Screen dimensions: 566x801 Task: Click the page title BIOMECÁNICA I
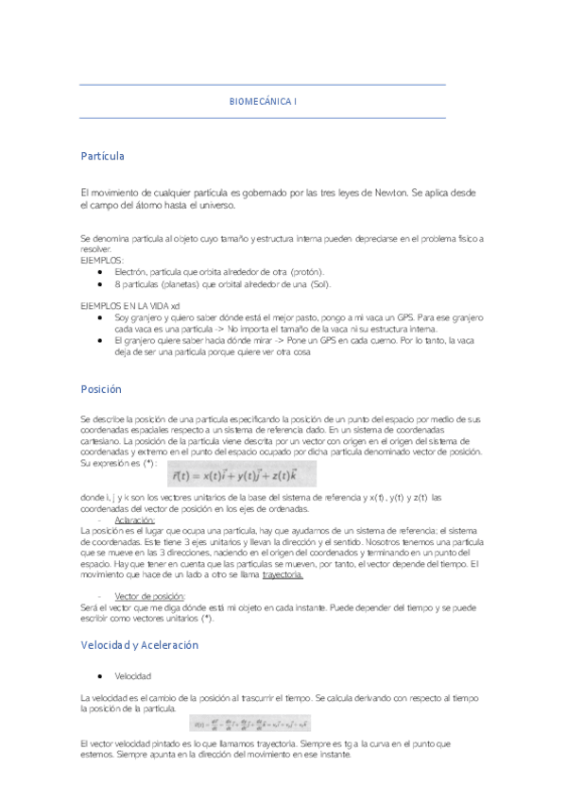[263, 100]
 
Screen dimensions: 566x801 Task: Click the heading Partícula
[103, 155]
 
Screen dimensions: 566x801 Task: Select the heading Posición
[101, 388]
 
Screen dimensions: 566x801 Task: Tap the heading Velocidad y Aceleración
[140, 645]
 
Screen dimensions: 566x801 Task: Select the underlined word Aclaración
[134, 520]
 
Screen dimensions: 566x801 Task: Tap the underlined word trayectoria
[283, 574]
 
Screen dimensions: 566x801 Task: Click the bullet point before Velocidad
[99, 677]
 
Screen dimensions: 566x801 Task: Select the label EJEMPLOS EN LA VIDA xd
[130, 306]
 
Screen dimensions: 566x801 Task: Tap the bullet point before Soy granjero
[99, 318]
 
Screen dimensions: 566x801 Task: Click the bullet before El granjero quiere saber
[99, 340]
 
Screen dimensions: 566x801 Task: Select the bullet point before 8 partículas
[99, 284]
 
